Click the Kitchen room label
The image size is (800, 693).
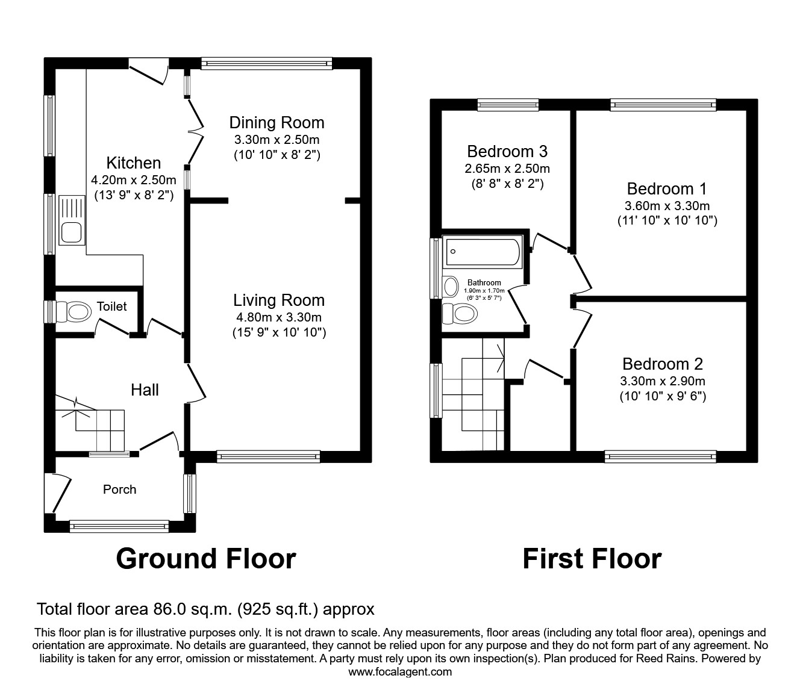coord(133,163)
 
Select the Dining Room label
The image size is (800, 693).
coord(277,123)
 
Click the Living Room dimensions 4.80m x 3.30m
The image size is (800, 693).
coord(278,317)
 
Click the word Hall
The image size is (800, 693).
coord(145,390)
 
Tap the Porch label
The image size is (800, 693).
coord(119,489)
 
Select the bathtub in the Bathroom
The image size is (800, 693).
coord(481,253)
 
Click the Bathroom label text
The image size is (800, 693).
coord(484,282)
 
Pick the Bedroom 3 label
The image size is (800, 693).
coord(507,151)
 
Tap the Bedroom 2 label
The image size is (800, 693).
coord(662,364)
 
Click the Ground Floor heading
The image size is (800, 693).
coord(205,559)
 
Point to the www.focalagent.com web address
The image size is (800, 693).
coord(400,672)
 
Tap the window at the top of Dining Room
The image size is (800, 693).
coord(266,63)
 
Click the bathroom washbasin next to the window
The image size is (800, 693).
coord(450,287)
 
